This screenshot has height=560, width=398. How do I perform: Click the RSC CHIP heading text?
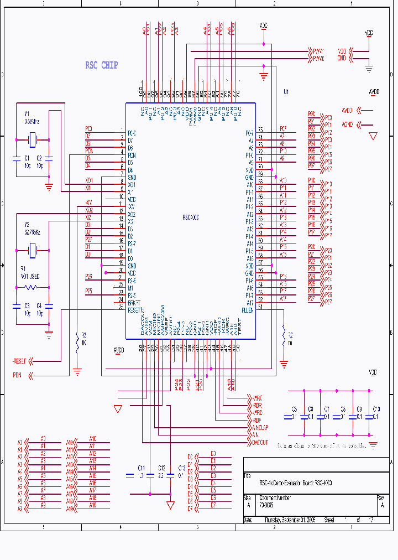coord(101,65)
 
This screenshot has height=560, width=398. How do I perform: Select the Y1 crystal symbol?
coord(33,142)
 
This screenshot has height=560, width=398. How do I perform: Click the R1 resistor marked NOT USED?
coord(30,287)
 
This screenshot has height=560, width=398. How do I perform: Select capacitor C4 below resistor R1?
coord(49,305)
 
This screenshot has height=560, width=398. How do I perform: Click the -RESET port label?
coord(20,361)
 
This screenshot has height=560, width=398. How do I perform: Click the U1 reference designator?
coord(286,91)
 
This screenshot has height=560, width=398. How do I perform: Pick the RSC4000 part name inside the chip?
coord(190,218)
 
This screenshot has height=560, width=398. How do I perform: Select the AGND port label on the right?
coord(347,124)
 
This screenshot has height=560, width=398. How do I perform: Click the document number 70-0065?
coord(267,505)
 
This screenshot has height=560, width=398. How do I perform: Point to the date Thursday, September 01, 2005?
coord(290,520)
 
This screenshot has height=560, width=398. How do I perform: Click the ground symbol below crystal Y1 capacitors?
coord(49,187)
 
